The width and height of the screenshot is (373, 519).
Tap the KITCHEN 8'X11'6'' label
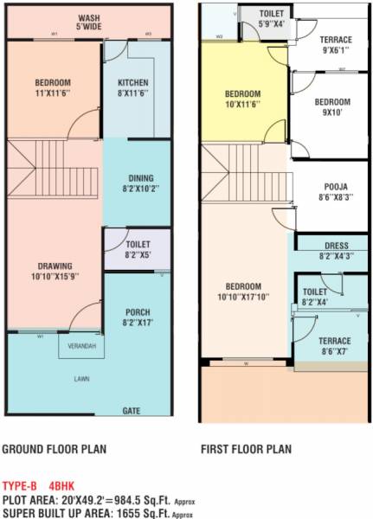point(133,87)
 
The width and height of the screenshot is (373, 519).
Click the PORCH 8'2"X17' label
point(138,317)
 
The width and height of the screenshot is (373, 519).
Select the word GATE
point(132,410)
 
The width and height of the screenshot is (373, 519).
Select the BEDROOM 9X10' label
point(332,106)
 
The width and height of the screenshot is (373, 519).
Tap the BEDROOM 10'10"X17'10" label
point(243,292)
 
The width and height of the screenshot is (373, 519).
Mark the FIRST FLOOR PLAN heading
point(246,450)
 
